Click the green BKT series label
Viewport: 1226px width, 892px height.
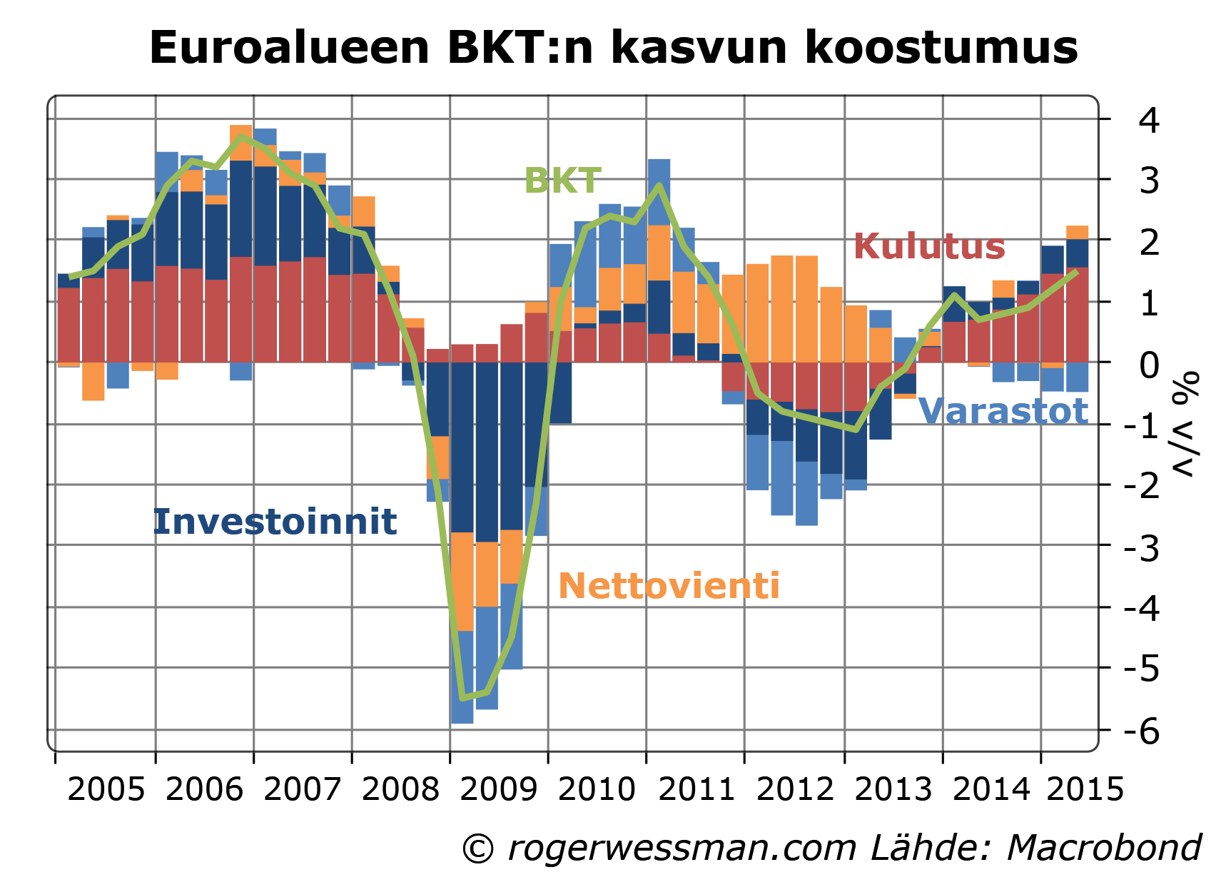click(x=562, y=181)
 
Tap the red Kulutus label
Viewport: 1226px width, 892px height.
click(x=929, y=246)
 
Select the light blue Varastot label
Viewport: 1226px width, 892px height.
click(x=1003, y=412)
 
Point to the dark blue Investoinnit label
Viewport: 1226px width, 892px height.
click(x=275, y=522)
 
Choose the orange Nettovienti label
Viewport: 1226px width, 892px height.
click(x=669, y=586)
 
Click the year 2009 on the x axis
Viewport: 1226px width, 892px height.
click(x=499, y=789)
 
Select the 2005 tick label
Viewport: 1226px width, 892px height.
click(x=106, y=789)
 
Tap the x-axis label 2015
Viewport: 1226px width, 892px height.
click(x=1085, y=789)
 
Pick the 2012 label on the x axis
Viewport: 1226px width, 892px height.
click(x=794, y=789)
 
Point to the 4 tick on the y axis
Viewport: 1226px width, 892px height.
click(x=1149, y=120)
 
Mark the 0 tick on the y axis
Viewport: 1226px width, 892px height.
click(x=1149, y=365)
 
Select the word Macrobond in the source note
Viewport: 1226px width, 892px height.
click(x=1103, y=848)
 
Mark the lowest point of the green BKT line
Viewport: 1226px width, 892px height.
click(x=462, y=697)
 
